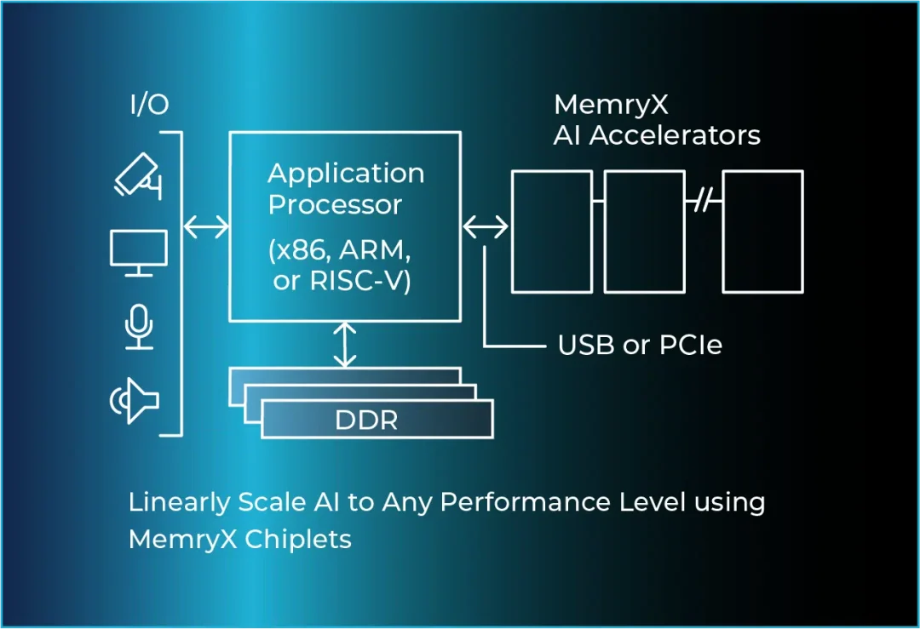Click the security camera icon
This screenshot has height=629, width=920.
click(x=138, y=176)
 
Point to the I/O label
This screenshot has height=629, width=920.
click(x=149, y=106)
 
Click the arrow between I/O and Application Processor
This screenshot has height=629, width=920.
click(x=207, y=226)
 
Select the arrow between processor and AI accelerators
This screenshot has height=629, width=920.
click(x=486, y=226)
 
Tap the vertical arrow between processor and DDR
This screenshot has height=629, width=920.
click(x=344, y=344)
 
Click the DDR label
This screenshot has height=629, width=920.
click(x=366, y=420)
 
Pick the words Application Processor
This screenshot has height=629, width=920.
click(x=346, y=189)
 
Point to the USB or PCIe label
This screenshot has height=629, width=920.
click(x=639, y=346)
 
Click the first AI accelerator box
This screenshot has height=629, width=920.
click(x=551, y=231)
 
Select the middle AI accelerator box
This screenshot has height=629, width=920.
click(x=644, y=231)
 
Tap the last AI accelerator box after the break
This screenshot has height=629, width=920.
click(x=762, y=231)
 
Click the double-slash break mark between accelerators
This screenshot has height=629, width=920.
click(x=704, y=201)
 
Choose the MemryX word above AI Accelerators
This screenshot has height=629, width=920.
click(x=610, y=105)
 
